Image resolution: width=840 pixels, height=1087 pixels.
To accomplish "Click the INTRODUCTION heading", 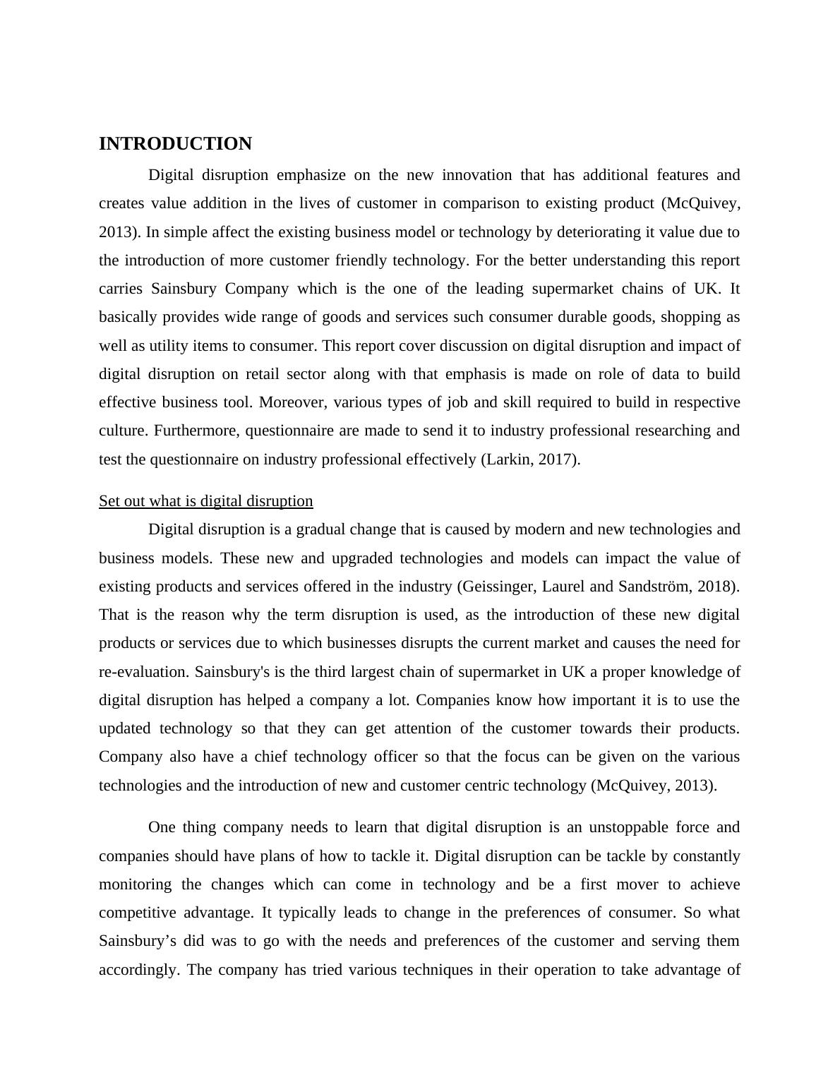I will click(175, 144).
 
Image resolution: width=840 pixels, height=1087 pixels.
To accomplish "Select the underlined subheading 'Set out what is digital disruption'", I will click(205, 501).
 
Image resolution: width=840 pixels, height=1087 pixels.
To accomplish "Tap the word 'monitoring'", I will click(135, 884).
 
